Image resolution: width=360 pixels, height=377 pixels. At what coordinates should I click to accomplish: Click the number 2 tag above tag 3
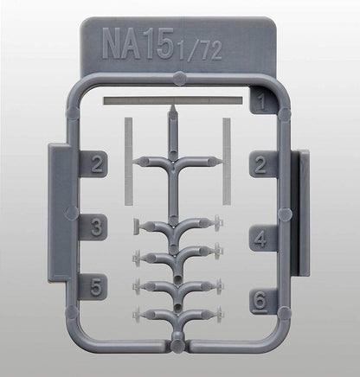point(95,163)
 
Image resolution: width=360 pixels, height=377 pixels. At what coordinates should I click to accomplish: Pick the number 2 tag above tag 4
point(260,163)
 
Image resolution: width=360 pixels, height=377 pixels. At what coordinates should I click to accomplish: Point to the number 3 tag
point(95,227)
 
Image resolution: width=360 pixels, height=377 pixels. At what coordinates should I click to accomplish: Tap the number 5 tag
point(95,285)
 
